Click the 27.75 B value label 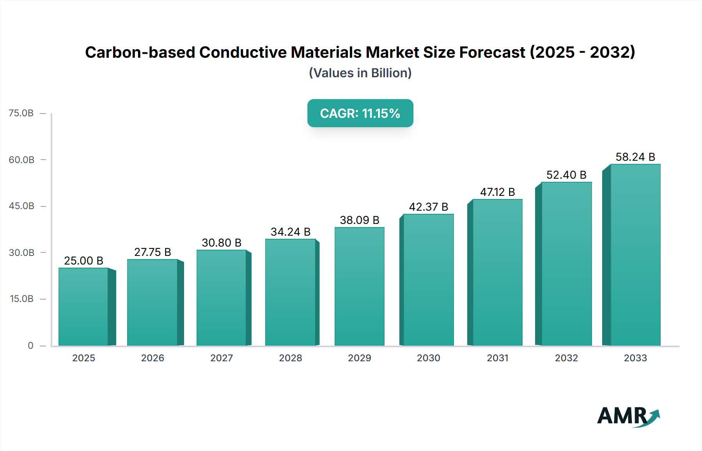pyautogui.click(x=152, y=252)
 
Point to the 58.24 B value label pyautogui.click(x=635, y=157)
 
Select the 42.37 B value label pyautogui.click(x=428, y=207)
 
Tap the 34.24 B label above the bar pyautogui.click(x=291, y=232)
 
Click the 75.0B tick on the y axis pyautogui.click(x=21, y=113)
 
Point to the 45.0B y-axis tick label pyautogui.click(x=21, y=206)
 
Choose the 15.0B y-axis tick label pyautogui.click(x=21, y=299)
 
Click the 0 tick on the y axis pyautogui.click(x=30, y=345)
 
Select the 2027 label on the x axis pyautogui.click(x=222, y=358)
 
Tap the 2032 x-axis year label pyautogui.click(x=566, y=358)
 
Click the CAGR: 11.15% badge pyautogui.click(x=360, y=113)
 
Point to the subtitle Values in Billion pyautogui.click(x=360, y=73)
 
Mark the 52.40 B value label pyautogui.click(x=566, y=175)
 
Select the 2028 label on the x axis pyautogui.click(x=291, y=358)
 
